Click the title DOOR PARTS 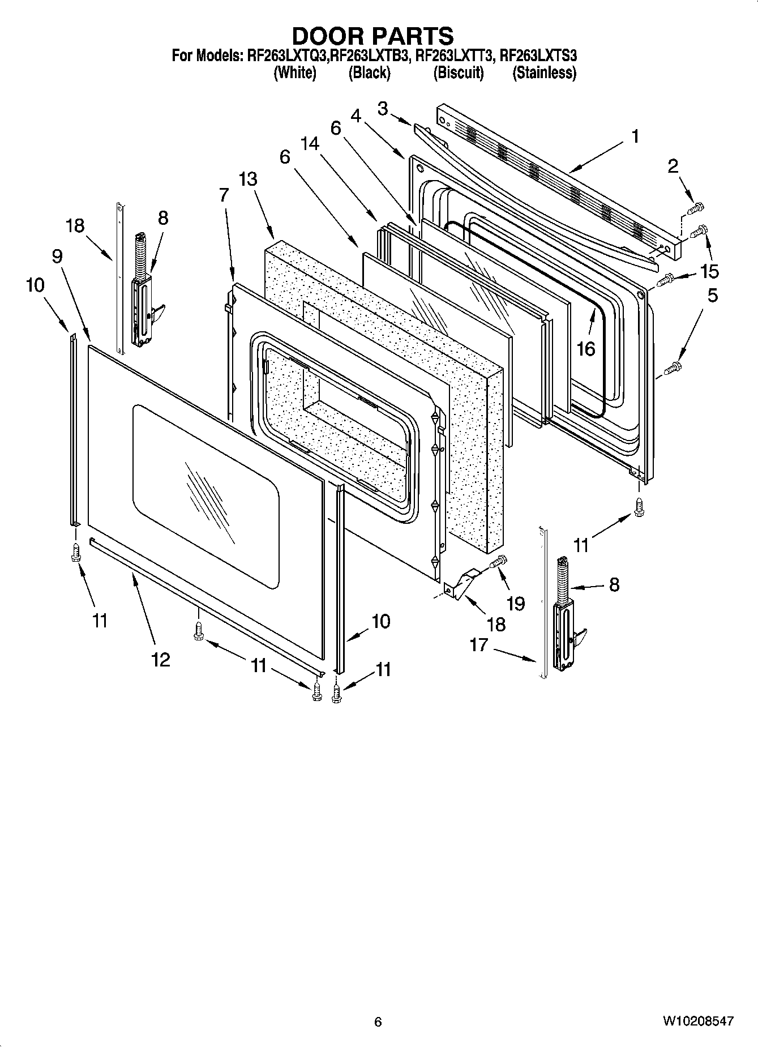click(x=372, y=36)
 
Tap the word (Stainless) click(x=544, y=73)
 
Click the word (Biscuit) click(x=459, y=73)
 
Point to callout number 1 click(x=635, y=136)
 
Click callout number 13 click(x=247, y=179)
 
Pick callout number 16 click(x=586, y=349)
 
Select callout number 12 click(x=161, y=659)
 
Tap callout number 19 click(x=515, y=604)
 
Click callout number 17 click(x=478, y=644)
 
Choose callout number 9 click(x=57, y=257)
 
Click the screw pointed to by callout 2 click(x=694, y=210)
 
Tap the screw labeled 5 click(x=674, y=368)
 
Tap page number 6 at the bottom click(x=378, y=1022)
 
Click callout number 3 click(x=383, y=108)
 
